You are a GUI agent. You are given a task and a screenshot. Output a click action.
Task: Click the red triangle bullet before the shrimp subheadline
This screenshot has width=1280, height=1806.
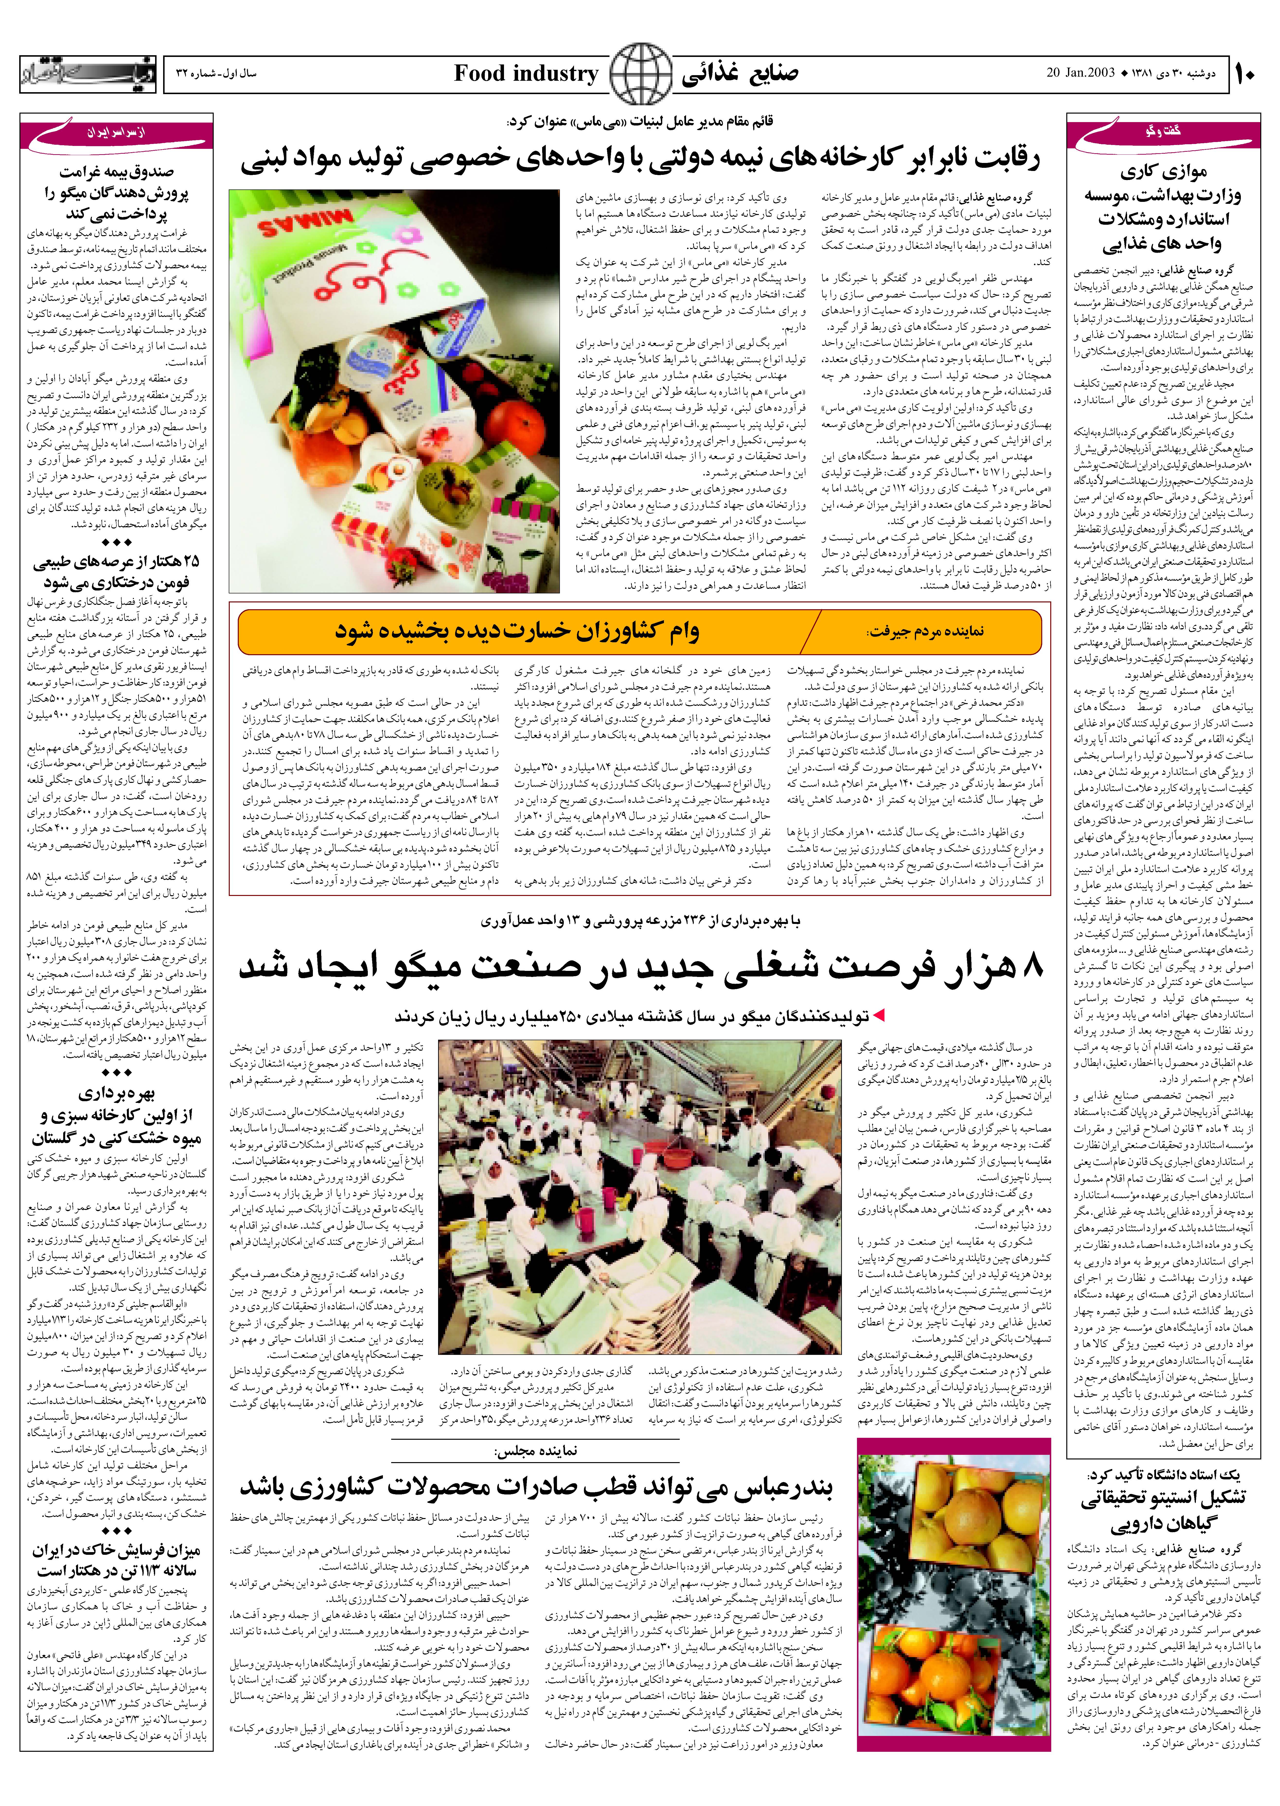click(x=879, y=1017)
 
